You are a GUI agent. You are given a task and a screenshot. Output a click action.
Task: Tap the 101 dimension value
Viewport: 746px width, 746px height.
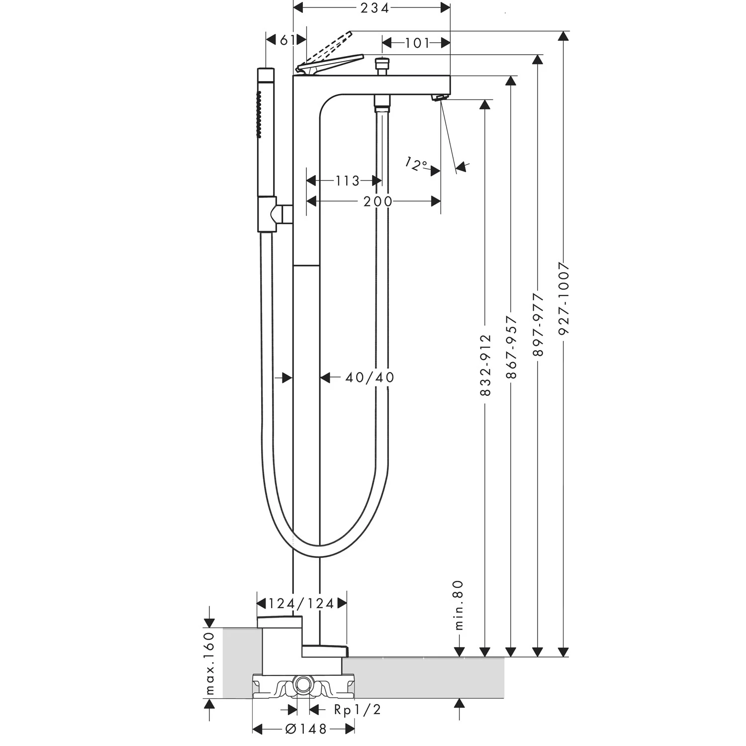pos(417,43)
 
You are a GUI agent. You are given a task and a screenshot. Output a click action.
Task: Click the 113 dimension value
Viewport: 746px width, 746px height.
pos(347,181)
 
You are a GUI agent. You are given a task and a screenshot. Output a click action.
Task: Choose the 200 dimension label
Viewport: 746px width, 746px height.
pos(377,201)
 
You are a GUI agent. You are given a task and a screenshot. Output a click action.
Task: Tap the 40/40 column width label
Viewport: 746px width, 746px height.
pos(370,377)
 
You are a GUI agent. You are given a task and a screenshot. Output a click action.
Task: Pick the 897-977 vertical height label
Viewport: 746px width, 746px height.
pos(538,324)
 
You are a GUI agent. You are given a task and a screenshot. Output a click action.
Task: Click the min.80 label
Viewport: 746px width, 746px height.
pos(459,605)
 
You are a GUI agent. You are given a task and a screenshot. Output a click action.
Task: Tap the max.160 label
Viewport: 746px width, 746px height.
pos(210,663)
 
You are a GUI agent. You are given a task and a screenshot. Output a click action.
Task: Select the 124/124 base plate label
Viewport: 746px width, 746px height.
pos(301,604)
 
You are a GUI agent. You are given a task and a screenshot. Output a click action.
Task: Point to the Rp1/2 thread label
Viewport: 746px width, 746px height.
pos(357,710)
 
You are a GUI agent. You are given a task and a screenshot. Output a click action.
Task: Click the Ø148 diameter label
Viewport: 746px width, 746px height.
pos(305,729)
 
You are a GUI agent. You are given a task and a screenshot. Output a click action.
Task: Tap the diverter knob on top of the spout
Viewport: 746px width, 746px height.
pos(382,64)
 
